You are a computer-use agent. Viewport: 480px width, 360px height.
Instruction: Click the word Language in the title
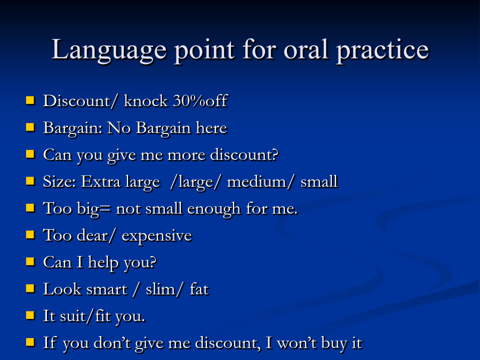tap(109, 51)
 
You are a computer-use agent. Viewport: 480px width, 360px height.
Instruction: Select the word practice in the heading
tap(382, 51)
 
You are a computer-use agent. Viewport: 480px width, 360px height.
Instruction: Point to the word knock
tap(146, 100)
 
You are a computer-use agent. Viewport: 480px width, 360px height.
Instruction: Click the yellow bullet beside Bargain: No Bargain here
tap(30, 127)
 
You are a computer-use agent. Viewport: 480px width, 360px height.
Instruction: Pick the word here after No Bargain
tap(212, 127)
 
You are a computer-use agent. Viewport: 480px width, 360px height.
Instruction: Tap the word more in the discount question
tap(187, 156)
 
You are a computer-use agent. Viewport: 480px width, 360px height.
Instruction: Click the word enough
tap(214, 210)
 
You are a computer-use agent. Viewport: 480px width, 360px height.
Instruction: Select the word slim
tap(161, 289)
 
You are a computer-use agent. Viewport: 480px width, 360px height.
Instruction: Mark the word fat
tap(199, 289)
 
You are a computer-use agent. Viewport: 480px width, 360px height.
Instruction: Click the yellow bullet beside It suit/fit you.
tap(30, 315)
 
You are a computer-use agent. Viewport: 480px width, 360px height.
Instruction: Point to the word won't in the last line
tap(297, 343)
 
